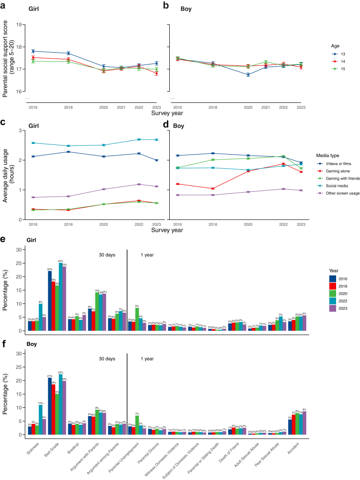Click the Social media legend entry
pyautogui.click(x=333, y=186)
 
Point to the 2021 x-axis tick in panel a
pyautogui.click(x=121, y=107)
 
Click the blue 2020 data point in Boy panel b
pyautogui.click(x=248, y=75)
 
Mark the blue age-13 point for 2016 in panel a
pyautogui.click(x=33, y=51)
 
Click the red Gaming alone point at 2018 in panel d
pyautogui.click(x=213, y=188)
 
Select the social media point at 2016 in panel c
pyautogui.click(x=33, y=143)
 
